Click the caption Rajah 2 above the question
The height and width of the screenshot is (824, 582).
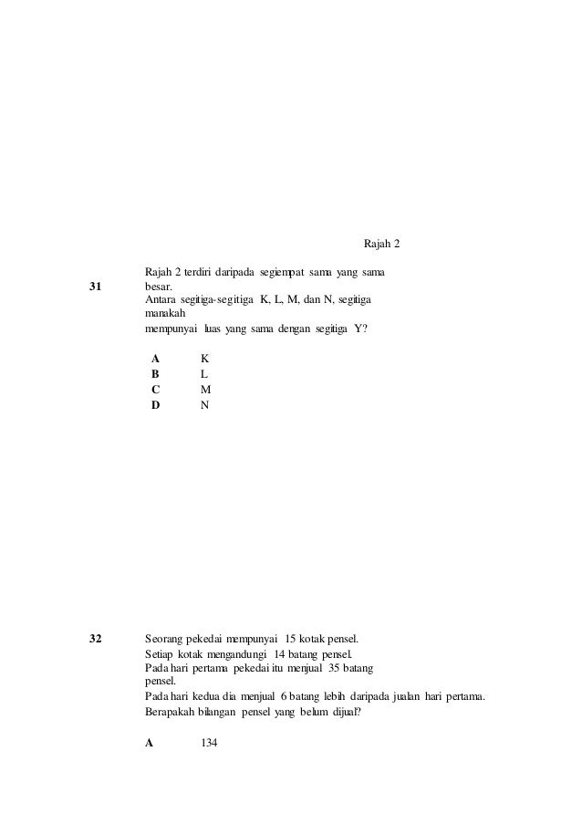click(382, 245)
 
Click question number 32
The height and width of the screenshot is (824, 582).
click(95, 638)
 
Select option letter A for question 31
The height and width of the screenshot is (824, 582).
click(156, 359)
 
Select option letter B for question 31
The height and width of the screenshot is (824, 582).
click(156, 374)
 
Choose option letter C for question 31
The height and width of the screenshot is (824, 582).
click(156, 389)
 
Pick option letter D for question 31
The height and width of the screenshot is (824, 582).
click(156, 404)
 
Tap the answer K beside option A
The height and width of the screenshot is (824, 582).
click(205, 359)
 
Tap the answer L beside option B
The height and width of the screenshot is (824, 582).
click(204, 374)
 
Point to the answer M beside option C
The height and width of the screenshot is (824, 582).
click(205, 389)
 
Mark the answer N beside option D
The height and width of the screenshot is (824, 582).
click(205, 404)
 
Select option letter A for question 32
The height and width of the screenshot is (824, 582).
click(150, 744)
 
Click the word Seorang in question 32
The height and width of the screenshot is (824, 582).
click(166, 638)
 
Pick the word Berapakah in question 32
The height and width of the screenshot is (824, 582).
click(173, 714)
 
